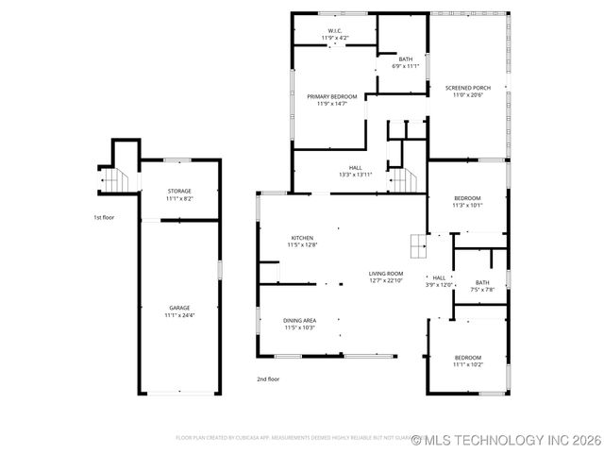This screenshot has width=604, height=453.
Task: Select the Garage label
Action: pos(179,308)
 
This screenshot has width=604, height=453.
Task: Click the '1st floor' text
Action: pos(104,218)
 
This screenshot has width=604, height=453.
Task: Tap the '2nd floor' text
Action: pos(268,379)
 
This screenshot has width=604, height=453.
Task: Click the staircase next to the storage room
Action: pos(112,177)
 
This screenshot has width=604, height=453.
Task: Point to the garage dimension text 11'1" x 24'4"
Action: pos(179,315)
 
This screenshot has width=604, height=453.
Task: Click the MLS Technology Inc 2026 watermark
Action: pos(507,440)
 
